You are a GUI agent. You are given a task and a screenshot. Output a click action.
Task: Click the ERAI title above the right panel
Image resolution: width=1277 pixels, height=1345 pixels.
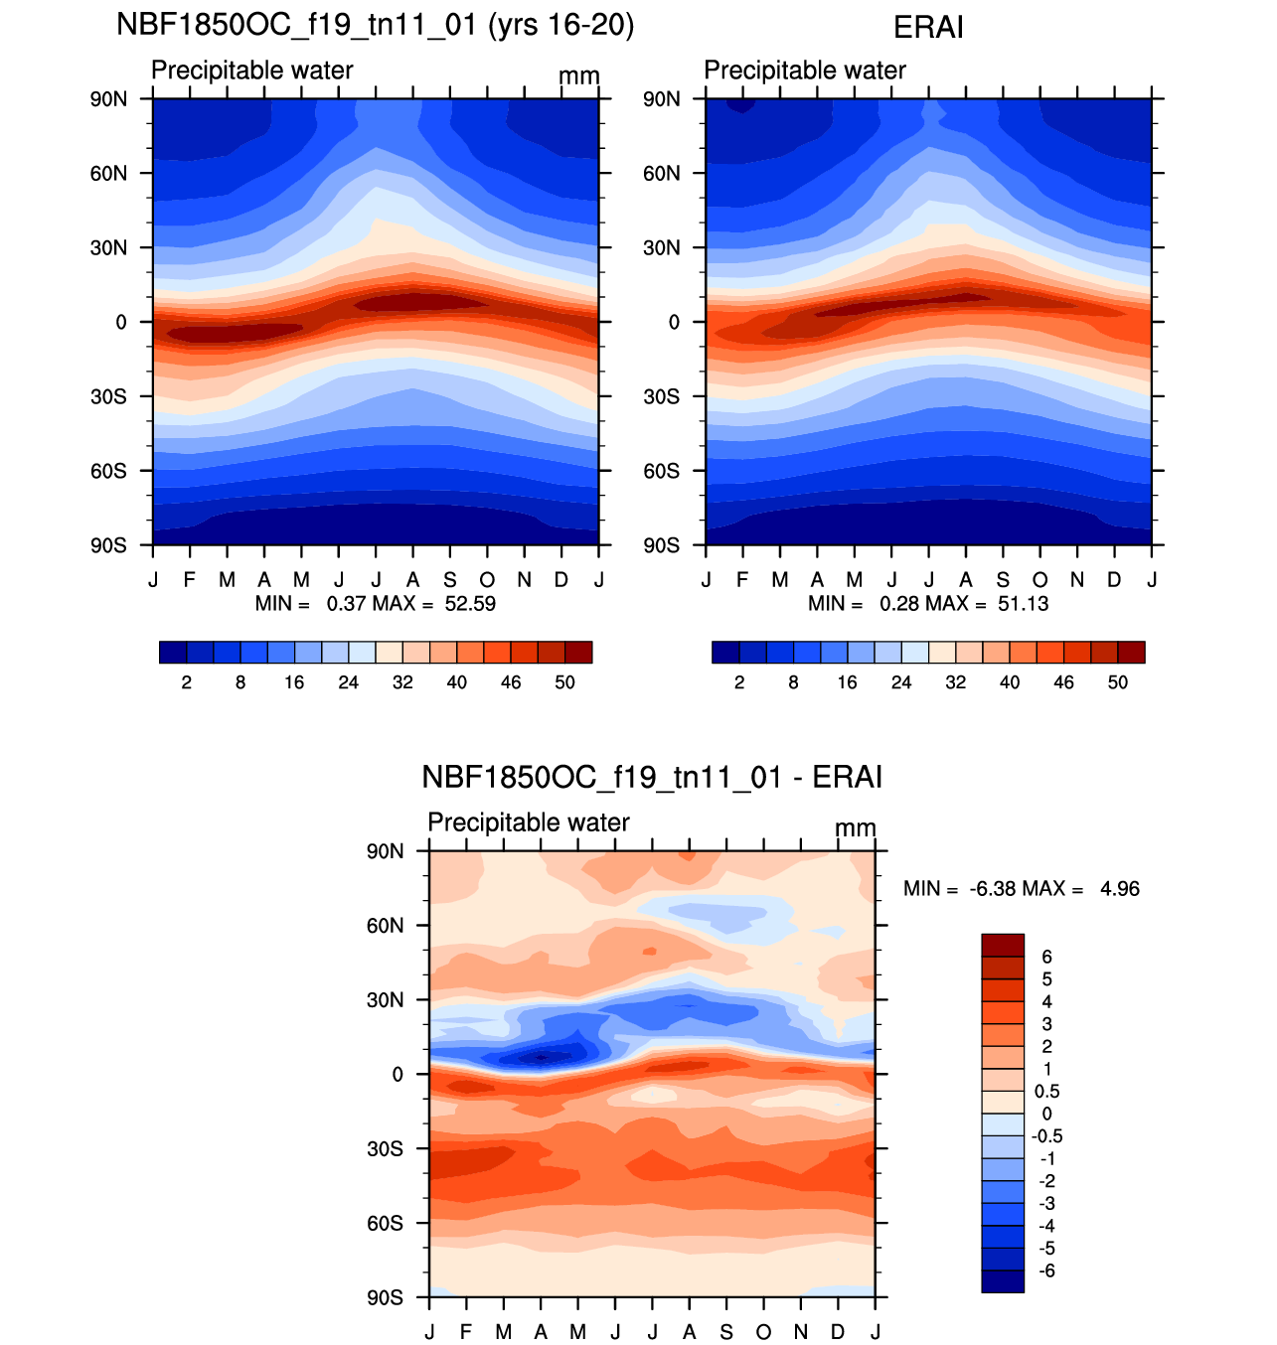click(x=928, y=28)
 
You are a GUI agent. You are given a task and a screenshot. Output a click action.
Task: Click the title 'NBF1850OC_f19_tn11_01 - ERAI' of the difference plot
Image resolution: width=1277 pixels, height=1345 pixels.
click(x=651, y=777)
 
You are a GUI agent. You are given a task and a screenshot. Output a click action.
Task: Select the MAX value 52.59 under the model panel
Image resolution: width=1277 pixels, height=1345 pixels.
click(x=470, y=603)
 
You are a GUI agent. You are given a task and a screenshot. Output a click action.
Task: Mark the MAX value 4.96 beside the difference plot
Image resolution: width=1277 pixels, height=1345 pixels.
click(x=1120, y=889)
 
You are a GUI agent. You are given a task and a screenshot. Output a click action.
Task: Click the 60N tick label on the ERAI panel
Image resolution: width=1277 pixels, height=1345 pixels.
click(x=661, y=173)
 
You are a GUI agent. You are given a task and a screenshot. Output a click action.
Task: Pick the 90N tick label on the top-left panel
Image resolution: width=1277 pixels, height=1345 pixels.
click(x=108, y=99)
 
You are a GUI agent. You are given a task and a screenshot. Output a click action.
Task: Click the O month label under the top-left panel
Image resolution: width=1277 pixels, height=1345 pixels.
click(x=487, y=580)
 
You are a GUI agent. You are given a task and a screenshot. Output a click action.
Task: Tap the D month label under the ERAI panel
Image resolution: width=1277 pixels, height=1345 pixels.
click(x=1114, y=580)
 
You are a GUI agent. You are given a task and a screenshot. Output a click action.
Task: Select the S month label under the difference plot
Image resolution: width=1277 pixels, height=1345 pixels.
click(x=726, y=1332)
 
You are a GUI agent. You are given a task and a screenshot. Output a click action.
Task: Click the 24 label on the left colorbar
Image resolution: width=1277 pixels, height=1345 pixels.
click(x=348, y=682)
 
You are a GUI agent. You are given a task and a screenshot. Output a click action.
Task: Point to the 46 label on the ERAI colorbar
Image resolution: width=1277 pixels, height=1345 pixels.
click(x=1063, y=682)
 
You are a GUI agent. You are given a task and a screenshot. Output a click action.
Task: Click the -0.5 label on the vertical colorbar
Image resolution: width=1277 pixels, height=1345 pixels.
click(x=1046, y=1136)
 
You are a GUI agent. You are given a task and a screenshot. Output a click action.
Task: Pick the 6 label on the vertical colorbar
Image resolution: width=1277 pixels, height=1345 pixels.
click(x=1046, y=958)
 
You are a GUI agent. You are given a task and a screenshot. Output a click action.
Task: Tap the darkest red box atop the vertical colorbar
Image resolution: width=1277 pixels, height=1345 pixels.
click(x=1003, y=946)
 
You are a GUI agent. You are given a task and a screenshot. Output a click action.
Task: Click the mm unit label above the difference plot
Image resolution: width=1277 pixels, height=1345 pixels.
click(x=856, y=828)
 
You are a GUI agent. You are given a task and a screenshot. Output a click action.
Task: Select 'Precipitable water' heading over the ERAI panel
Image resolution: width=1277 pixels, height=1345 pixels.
click(x=805, y=71)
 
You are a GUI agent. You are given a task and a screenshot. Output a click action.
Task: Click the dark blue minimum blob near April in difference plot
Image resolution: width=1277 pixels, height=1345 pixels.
click(x=541, y=1058)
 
